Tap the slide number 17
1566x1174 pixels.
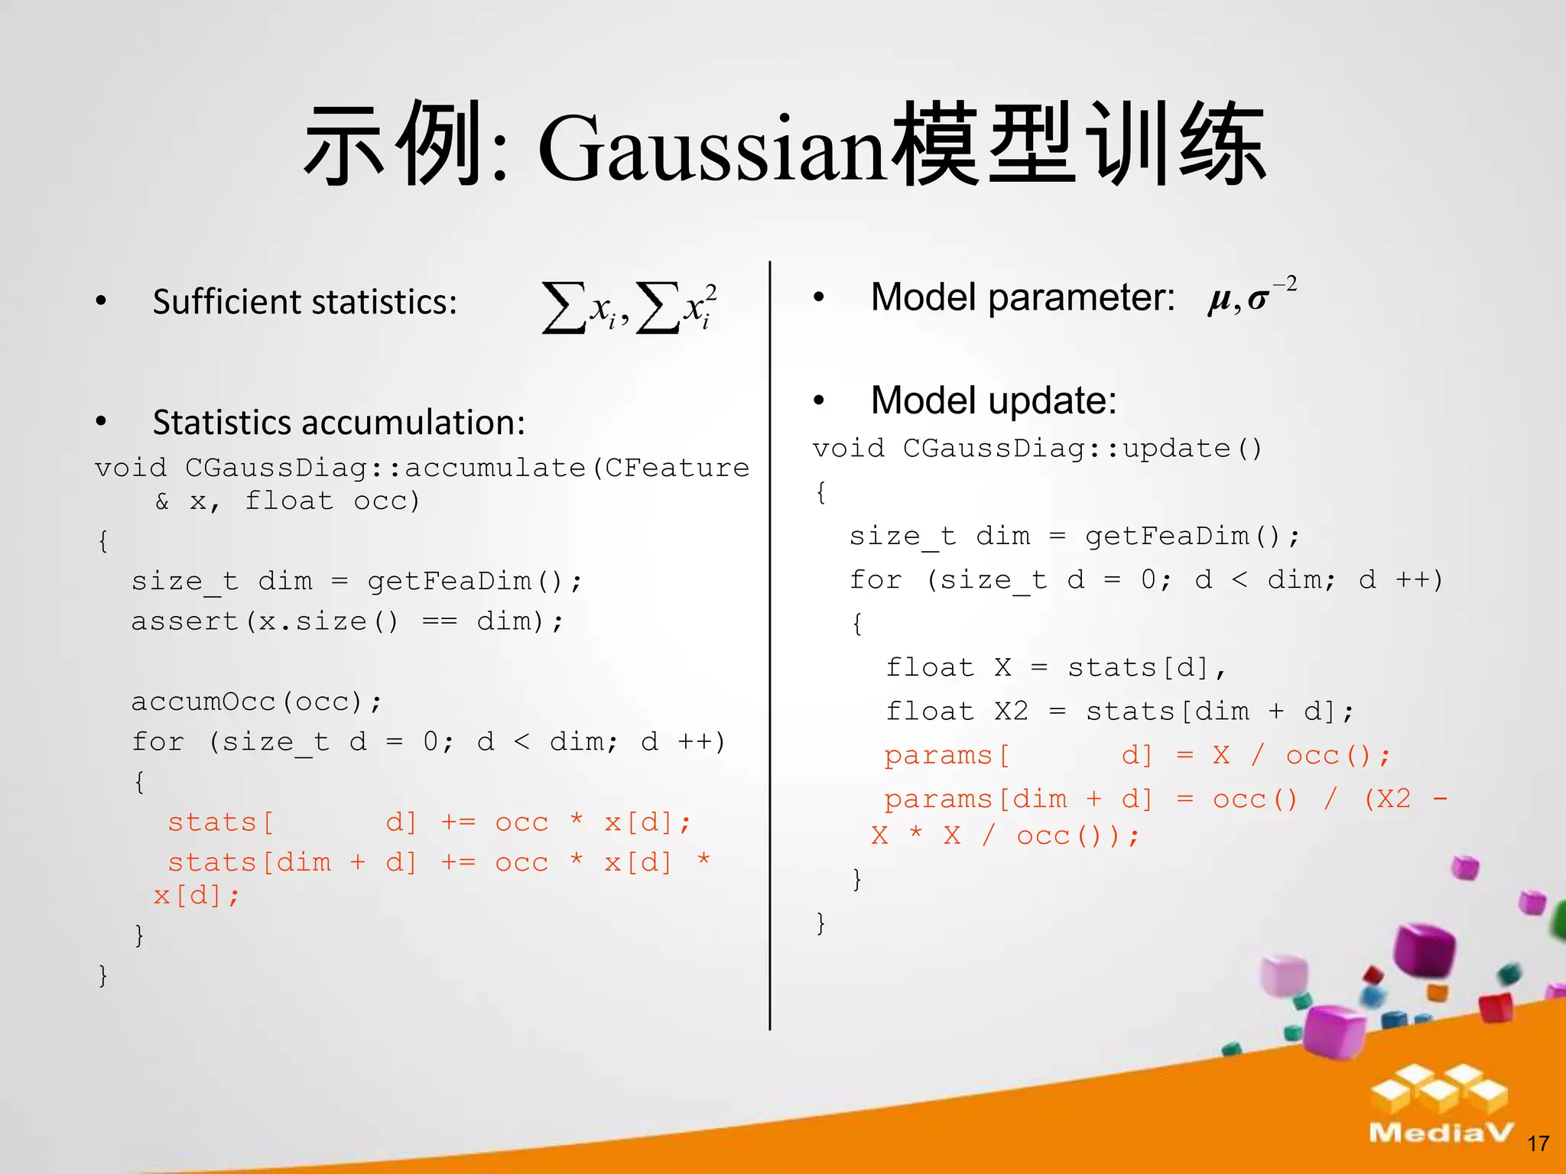(1538, 1143)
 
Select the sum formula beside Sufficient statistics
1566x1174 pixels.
(629, 307)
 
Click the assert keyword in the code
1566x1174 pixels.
(184, 621)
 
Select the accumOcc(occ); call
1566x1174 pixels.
(256, 702)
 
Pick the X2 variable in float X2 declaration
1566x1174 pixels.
(1011, 712)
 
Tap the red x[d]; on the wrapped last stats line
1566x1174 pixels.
(197, 895)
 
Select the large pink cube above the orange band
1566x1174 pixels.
(1334, 1032)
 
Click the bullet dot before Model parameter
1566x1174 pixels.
(819, 297)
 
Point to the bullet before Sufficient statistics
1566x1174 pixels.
(101, 302)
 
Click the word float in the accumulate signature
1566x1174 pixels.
(289, 501)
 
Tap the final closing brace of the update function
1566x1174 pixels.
(820, 923)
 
